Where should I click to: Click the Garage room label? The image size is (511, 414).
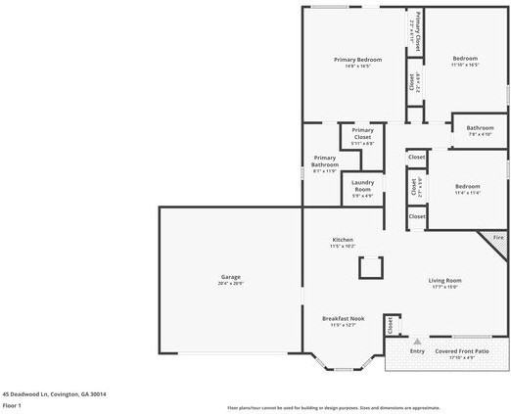click(x=230, y=277)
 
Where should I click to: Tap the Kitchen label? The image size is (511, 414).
click(x=342, y=240)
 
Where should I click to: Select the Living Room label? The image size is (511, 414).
click(x=443, y=281)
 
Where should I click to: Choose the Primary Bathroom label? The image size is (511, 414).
click(x=324, y=161)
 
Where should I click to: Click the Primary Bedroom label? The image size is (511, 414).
click(x=351, y=60)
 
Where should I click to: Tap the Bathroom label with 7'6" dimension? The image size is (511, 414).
click(x=480, y=127)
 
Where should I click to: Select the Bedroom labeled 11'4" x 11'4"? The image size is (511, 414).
click(x=467, y=186)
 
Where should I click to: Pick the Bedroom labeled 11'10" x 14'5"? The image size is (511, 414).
click(x=465, y=59)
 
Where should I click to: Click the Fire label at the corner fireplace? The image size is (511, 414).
click(x=497, y=237)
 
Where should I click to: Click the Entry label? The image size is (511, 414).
click(x=417, y=351)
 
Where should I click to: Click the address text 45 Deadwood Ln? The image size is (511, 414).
click(x=54, y=393)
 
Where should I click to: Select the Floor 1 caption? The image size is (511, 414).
click(x=12, y=404)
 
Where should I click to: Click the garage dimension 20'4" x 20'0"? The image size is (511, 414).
click(x=230, y=283)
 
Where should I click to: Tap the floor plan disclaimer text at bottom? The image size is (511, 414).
click(x=333, y=407)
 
